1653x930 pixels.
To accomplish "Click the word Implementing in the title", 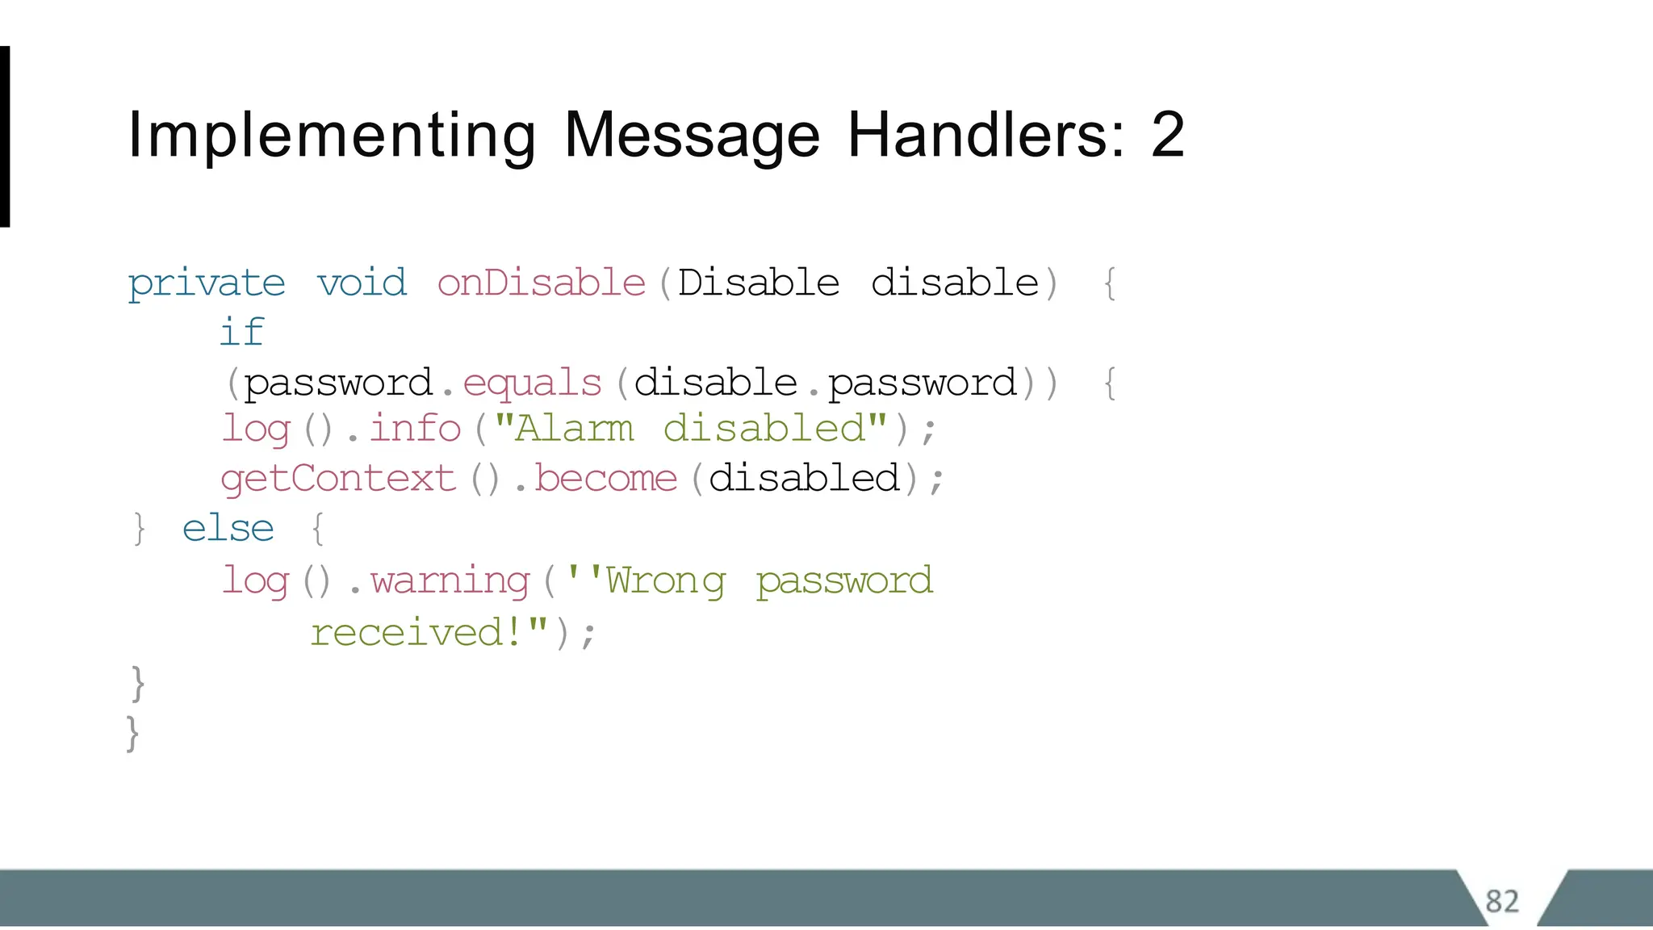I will tap(332, 136).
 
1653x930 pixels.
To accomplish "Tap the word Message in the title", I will tap(692, 136).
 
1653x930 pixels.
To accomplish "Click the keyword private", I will tap(207, 284).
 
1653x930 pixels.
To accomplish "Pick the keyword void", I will tap(362, 283).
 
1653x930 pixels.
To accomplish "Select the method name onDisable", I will tap(542, 283).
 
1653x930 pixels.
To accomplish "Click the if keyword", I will tap(242, 332).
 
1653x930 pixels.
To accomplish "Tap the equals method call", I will tap(533, 383).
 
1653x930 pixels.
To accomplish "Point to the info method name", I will tap(415, 429).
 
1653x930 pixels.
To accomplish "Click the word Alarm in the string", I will tap(574, 429).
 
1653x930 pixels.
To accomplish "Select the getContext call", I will tap(338, 479).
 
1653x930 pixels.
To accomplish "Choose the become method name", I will tap(605, 479).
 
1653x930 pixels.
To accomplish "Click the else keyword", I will tap(228, 529).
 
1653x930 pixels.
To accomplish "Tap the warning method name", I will tap(450, 580).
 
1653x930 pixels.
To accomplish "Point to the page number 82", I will tap(1502, 901).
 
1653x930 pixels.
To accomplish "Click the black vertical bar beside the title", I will tap(5, 136).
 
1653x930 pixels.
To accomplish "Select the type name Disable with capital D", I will tap(759, 283).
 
